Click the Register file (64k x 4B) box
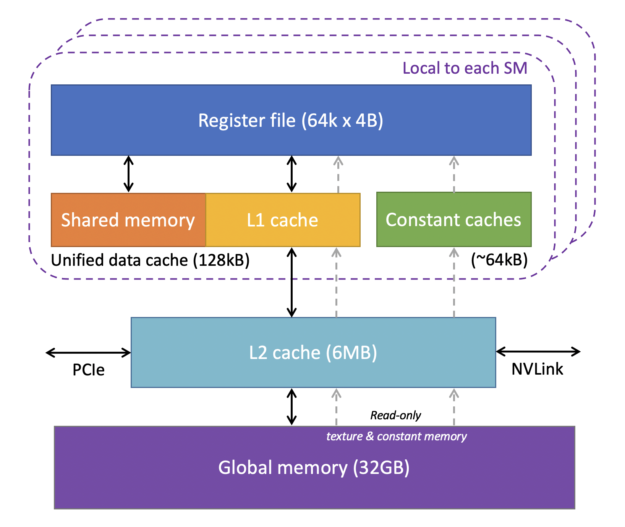click(291, 120)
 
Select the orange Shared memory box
click(128, 220)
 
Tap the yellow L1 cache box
click(283, 220)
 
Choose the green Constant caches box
click(453, 220)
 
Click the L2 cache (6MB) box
click(313, 352)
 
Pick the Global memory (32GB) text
click(314, 467)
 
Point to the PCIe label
click(89, 370)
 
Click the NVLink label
click(537, 369)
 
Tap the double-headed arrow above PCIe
click(88, 352)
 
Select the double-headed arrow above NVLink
click(538, 351)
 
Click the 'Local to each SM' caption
click(465, 68)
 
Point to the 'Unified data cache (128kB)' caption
click(150, 260)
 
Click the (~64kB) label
click(499, 260)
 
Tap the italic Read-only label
click(395, 415)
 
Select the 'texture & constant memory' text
click(396, 436)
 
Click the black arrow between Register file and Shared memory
click(129, 174)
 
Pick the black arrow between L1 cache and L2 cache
click(292, 282)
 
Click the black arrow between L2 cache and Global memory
click(292, 407)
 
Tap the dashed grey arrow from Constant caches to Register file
click(454, 174)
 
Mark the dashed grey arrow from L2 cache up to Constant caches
click(454, 283)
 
